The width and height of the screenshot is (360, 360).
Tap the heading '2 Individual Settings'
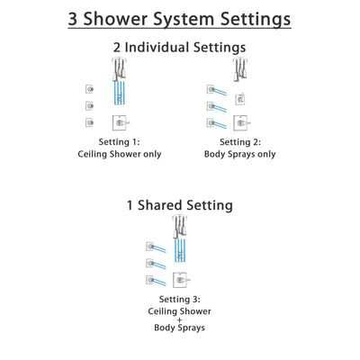(x=179, y=47)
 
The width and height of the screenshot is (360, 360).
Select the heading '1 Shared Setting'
(x=179, y=205)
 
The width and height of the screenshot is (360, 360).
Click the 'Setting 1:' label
(x=117, y=142)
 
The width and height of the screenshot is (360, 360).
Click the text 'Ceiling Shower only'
(x=117, y=155)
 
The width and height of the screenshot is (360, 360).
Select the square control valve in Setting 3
(x=180, y=280)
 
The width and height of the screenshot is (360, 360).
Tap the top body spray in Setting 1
(x=89, y=88)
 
